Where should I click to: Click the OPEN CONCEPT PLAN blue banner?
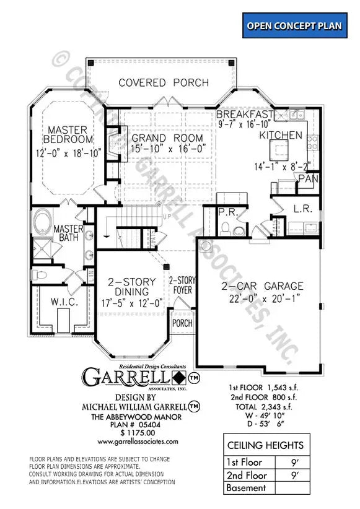[x=294, y=25]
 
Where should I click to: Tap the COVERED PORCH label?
[x=163, y=82]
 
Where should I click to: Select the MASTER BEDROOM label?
[x=71, y=135]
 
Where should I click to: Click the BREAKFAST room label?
[x=245, y=115]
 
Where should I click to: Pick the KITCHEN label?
[x=281, y=135]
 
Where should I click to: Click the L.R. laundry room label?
[x=303, y=209]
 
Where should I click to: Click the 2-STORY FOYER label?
[x=182, y=285]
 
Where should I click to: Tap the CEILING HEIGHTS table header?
[x=265, y=445]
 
